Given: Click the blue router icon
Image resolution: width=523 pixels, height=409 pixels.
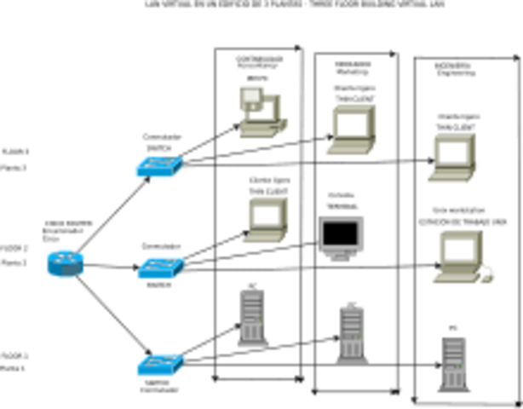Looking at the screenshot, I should coord(66,263).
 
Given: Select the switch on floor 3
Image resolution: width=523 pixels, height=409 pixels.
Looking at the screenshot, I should coord(159,165).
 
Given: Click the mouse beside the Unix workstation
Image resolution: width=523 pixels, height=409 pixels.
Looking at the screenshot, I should coord(487,274).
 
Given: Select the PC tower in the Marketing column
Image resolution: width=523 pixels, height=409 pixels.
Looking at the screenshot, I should coord(351,332).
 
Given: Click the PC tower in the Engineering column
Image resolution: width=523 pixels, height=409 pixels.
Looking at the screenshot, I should coord(452,361).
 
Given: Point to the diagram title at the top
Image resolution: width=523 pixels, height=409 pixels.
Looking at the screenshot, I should coord(261,5).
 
